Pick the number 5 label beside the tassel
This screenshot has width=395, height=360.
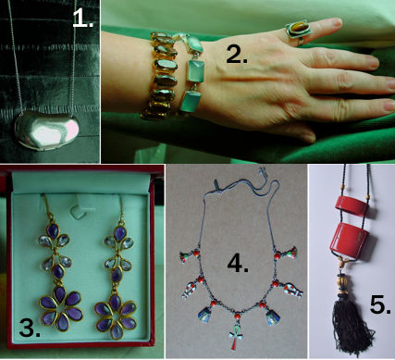coord(376,303)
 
